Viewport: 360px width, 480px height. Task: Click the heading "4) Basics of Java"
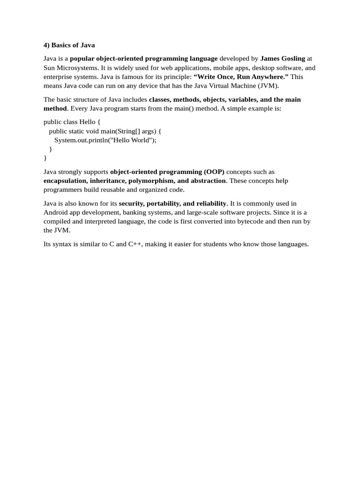point(69,45)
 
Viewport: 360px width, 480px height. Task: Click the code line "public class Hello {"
point(72,122)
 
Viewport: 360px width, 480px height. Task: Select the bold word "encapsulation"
point(63,181)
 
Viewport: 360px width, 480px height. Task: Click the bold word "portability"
point(164,203)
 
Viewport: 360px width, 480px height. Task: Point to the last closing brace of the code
point(45,158)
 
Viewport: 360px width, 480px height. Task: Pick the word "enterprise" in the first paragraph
point(58,77)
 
